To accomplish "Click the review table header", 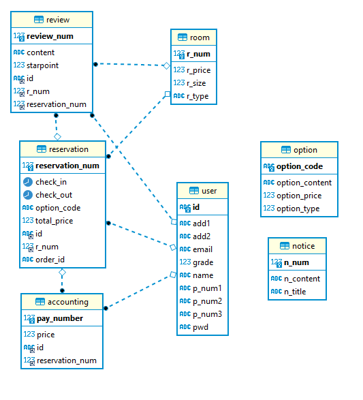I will coord(52,20).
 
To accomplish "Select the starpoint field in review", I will coord(42,65).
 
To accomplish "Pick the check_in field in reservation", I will coord(51,182).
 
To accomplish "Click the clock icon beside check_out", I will coord(27,195).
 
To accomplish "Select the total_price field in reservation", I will coord(54,221).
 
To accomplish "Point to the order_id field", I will coord(49,260).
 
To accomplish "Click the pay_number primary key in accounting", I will coord(60,318).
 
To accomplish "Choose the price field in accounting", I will coord(46,335).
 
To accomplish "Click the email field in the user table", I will coord(202,249).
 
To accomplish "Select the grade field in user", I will coord(203,262).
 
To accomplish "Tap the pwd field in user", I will coord(200,327).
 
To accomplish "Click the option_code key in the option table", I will coord(299,166).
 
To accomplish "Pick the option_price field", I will coord(298,196).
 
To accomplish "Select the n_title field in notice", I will coord(295,292).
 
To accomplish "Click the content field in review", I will coord(41,52).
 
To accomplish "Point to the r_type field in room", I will coord(198,96).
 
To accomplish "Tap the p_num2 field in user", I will coord(207,301).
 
